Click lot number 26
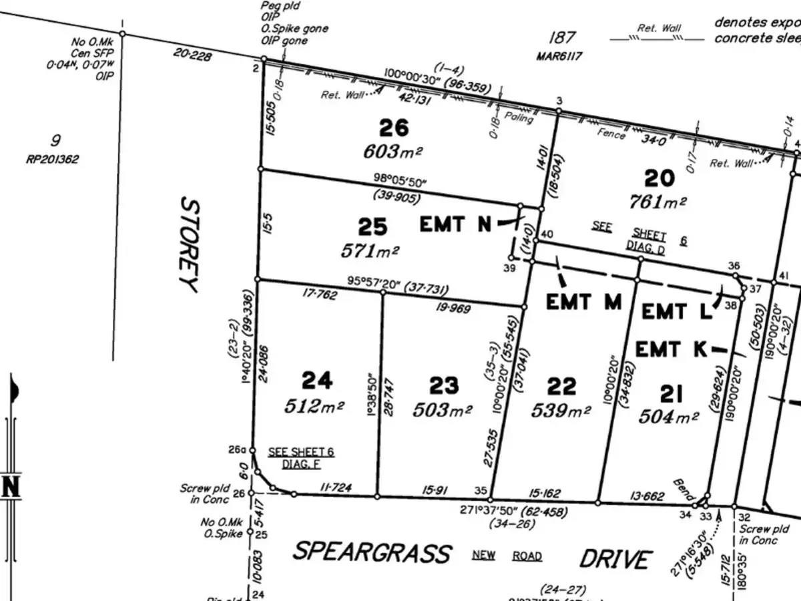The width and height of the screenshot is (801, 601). (x=393, y=128)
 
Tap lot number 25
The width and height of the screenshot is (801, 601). (x=372, y=228)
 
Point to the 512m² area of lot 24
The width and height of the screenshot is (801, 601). (x=314, y=405)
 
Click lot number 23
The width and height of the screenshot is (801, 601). (x=444, y=385)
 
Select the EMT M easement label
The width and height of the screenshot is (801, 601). (x=583, y=302)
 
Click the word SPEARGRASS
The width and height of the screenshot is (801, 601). (x=372, y=553)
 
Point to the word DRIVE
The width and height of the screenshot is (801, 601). (x=615, y=558)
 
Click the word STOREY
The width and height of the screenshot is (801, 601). (x=189, y=244)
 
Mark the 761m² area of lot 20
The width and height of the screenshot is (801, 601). (x=658, y=201)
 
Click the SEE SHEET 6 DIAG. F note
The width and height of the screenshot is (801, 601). (x=301, y=457)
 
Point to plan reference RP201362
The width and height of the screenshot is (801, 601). (x=55, y=160)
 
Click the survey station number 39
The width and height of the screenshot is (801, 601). (x=510, y=268)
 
